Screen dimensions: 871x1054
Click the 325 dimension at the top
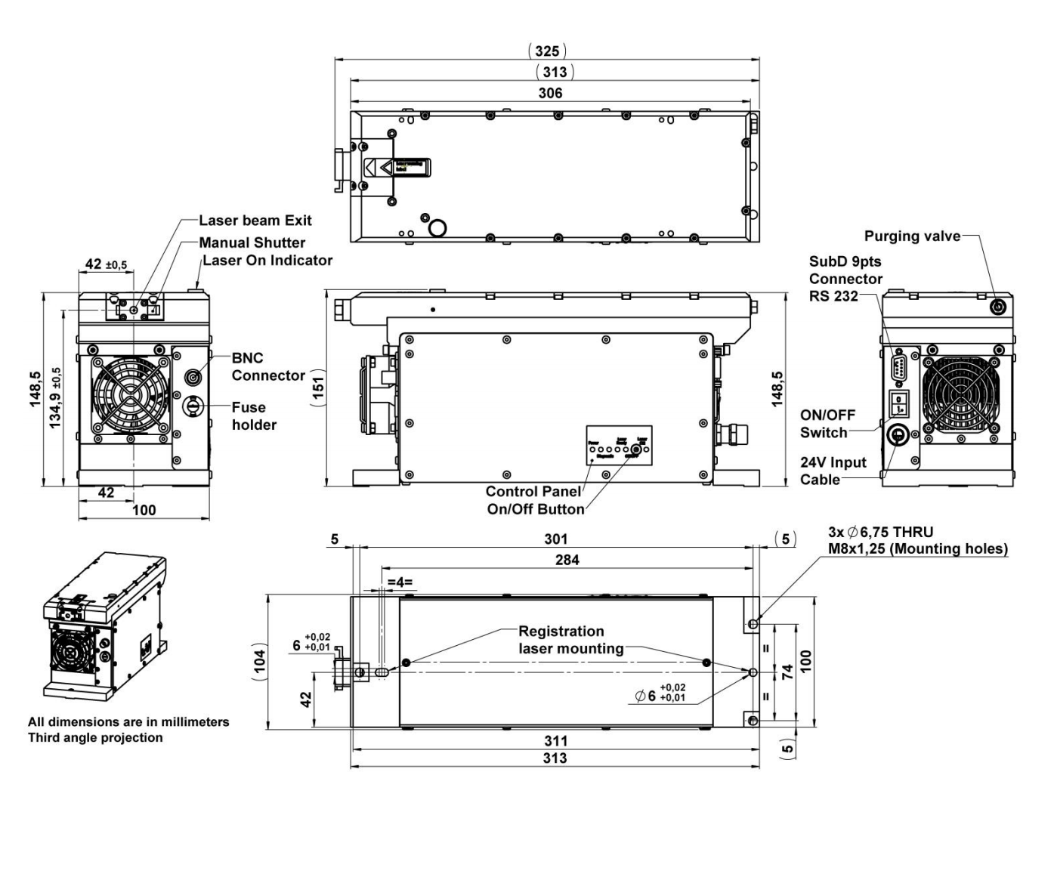(547, 51)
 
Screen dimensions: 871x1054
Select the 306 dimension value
(550, 93)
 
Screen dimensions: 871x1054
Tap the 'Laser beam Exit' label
(255, 221)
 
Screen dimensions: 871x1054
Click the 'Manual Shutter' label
(252, 242)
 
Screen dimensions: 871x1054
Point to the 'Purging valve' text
(912, 236)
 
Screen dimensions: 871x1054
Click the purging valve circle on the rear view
(998, 307)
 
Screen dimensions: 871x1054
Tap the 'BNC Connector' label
(267, 366)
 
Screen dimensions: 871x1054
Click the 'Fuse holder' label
(254, 415)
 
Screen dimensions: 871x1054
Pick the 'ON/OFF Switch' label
(827, 424)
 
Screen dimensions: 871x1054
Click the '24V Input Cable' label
(833, 471)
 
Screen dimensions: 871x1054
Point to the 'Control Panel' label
(533, 491)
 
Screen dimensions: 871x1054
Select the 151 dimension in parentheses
(318, 391)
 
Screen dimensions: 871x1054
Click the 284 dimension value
(567, 560)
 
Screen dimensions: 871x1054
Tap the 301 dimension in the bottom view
(555, 539)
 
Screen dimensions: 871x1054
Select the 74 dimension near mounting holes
(787, 672)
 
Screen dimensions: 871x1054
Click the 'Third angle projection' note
(95, 737)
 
